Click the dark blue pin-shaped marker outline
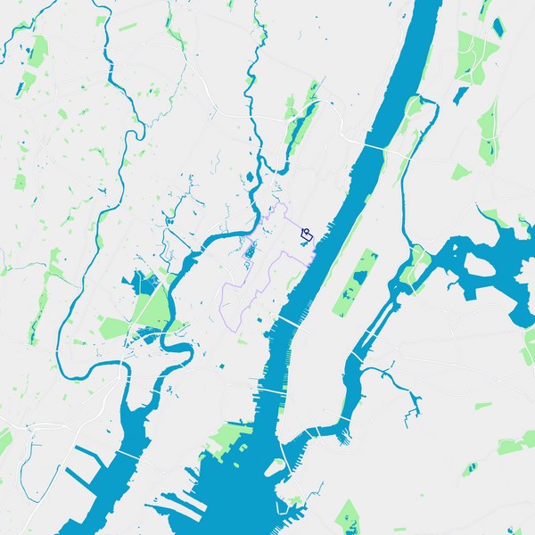[x=308, y=235]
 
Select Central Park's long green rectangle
[x=356, y=284]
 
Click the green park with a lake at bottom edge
[x=347, y=514]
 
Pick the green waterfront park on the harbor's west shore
[x=226, y=437]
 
